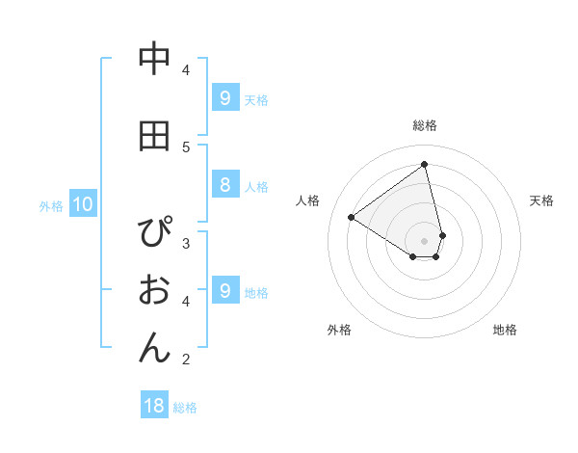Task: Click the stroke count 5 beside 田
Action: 186,147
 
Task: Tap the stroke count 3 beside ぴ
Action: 186,243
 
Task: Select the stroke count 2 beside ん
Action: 186,360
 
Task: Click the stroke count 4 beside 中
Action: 186,69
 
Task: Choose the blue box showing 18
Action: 154,406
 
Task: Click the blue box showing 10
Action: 82,204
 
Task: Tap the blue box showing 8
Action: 224,186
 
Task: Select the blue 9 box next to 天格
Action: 224,98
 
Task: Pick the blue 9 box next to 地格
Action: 224,291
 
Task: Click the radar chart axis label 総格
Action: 425,125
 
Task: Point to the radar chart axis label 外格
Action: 339,330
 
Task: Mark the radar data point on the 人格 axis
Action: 352,218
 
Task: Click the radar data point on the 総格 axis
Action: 425,164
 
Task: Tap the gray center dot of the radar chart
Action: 425,240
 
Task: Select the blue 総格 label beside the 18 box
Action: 185,408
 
